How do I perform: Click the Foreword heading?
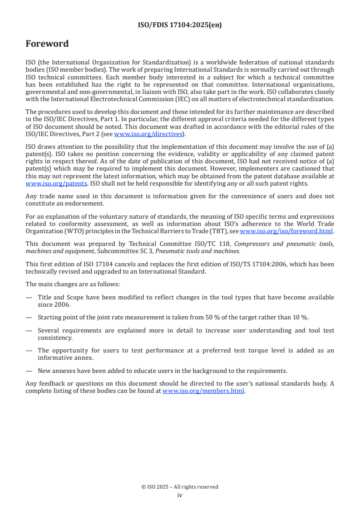(47, 44)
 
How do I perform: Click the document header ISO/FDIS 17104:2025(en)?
(180, 25)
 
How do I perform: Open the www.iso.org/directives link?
(148, 134)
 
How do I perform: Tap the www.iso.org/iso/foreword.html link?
(286, 231)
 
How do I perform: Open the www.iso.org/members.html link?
(203, 391)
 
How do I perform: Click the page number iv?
(180, 495)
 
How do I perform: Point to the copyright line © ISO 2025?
(180, 487)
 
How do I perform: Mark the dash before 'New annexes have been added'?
(29, 371)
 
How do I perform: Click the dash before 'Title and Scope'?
(29, 297)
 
